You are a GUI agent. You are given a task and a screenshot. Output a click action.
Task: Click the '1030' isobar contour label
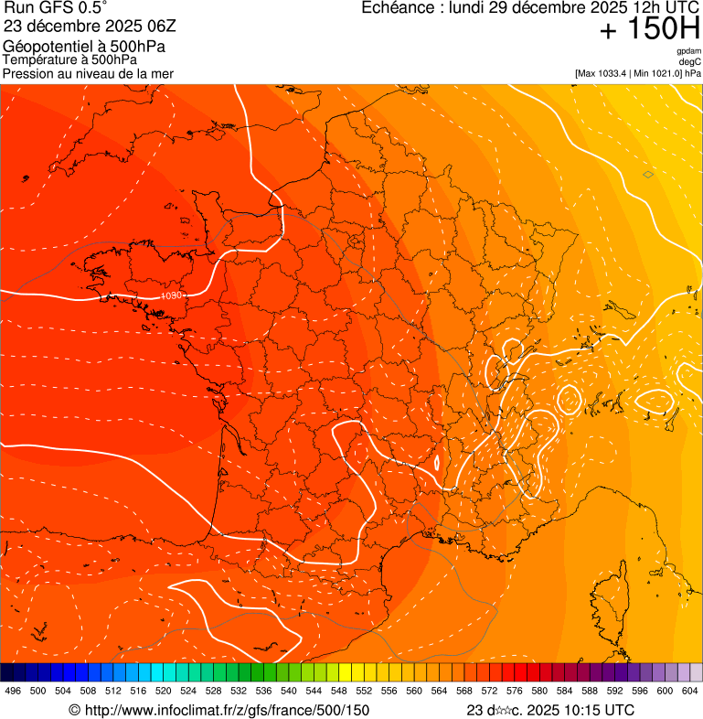(x=171, y=295)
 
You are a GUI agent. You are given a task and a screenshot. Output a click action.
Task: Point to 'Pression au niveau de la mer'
(x=88, y=73)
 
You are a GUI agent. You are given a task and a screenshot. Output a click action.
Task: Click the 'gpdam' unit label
(x=689, y=51)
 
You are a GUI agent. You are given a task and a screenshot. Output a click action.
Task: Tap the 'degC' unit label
(x=691, y=61)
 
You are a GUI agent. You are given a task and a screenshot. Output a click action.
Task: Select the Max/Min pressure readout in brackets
(x=638, y=72)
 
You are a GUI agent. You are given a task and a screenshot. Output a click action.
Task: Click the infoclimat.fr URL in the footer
(x=219, y=710)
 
